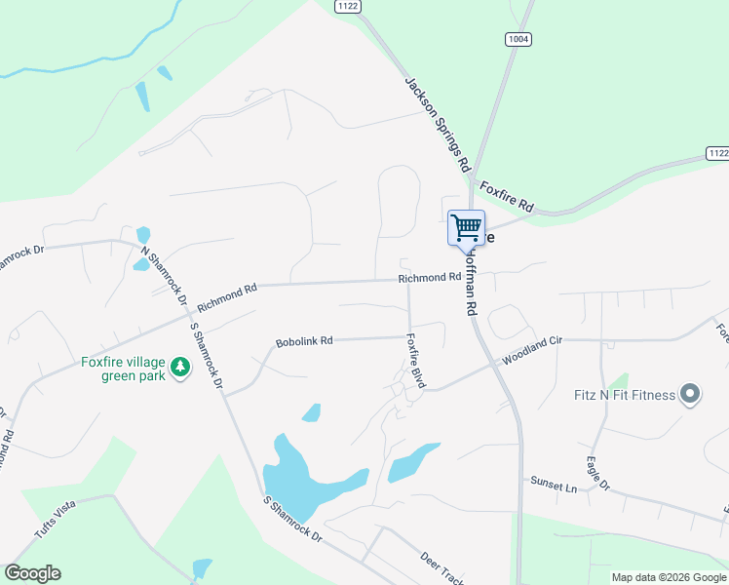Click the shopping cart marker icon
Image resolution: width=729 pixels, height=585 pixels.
(x=466, y=227)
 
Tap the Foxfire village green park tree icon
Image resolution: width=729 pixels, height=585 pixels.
(x=179, y=368)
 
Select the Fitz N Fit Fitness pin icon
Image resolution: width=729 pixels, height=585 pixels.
(x=690, y=395)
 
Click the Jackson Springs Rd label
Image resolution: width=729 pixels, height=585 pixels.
(x=438, y=124)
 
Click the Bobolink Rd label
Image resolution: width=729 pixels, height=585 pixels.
(x=305, y=341)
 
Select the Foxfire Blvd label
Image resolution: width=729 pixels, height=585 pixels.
(x=416, y=362)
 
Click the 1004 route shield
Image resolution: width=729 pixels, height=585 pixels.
(x=518, y=38)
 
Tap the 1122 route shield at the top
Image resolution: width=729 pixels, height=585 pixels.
(x=347, y=6)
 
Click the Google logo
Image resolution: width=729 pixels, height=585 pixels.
(x=32, y=573)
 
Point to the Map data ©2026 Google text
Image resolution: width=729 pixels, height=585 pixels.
(x=669, y=577)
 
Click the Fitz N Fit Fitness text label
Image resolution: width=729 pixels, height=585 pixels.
(x=625, y=395)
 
